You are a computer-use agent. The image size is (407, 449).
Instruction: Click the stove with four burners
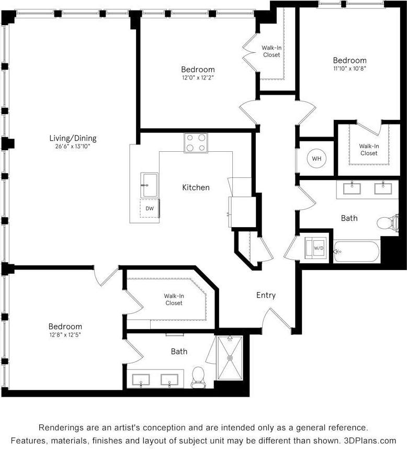(x=196, y=143)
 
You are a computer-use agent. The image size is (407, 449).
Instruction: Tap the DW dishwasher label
(x=150, y=208)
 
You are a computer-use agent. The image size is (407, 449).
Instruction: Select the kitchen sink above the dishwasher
(x=150, y=185)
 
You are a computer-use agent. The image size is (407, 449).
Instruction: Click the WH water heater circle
(x=316, y=159)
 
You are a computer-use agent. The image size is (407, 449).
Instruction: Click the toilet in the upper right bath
(x=388, y=223)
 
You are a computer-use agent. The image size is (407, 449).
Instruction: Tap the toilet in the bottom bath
(x=198, y=377)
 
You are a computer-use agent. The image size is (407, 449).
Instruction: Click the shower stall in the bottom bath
(x=230, y=357)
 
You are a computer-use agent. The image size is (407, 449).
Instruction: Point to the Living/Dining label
(x=73, y=138)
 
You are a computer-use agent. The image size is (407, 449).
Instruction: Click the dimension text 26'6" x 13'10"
(x=73, y=147)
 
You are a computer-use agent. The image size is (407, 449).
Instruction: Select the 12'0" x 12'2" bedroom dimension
(x=198, y=78)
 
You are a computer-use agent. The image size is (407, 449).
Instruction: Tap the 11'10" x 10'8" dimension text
(x=349, y=69)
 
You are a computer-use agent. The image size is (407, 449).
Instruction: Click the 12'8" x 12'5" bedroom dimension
(x=65, y=334)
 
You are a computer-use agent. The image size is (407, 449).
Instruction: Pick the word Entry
(x=266, y=295)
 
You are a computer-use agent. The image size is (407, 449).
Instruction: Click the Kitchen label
(x=196, y=187)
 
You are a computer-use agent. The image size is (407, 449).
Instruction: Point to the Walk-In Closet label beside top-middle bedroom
(x=271, y=51)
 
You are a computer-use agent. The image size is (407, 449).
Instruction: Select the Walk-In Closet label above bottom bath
(x=174, y=299)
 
